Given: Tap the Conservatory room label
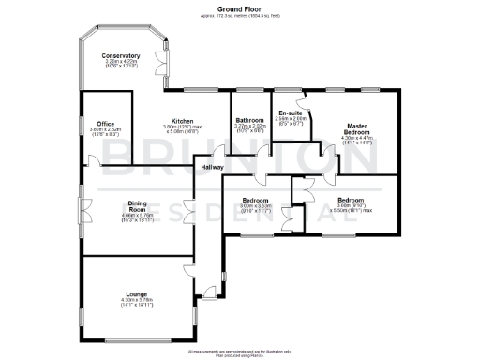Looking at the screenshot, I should (x=121, y=55).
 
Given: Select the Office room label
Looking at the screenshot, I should (x=105, y=123).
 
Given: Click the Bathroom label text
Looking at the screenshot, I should (x=249, y=119).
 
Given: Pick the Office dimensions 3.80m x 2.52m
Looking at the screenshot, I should (x=105, y=131).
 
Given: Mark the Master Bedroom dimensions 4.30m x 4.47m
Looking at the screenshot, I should (x=356, y=141).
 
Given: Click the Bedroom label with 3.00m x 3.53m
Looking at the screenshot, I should (x=255, y=200).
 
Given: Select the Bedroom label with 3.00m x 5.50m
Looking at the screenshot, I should (x=352, y=200).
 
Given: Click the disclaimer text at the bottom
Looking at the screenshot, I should (x=239, y=352).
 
